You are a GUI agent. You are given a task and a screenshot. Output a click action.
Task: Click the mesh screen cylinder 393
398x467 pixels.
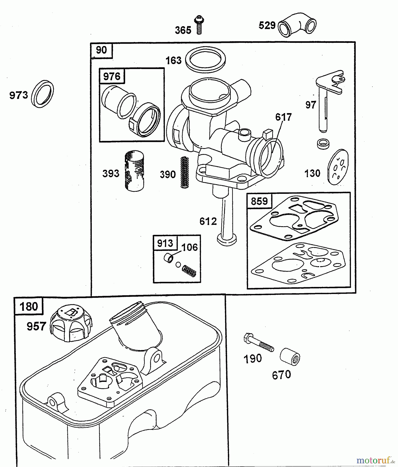click(x=134, y=171)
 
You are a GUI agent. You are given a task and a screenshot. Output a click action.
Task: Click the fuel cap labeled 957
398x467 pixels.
click(x=71, y=323)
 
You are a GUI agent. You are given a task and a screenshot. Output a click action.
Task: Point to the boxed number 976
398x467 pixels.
click(x=112, y=76)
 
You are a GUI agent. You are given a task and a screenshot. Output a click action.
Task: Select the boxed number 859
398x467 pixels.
click(x=259, y=201)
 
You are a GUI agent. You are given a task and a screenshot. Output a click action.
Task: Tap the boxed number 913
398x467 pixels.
click(x=165, y=243)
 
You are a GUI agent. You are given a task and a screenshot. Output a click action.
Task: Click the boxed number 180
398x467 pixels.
click(x=29, y=306)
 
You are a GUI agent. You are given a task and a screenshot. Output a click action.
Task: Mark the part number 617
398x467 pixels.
click(x=283, y=117)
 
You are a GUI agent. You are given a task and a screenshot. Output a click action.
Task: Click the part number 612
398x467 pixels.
click(x=208, y=221)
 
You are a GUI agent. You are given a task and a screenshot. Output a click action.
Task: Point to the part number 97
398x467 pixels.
click(x=310, y=105)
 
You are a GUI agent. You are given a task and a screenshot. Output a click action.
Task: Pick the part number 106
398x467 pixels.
click(x=190, y=247)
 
